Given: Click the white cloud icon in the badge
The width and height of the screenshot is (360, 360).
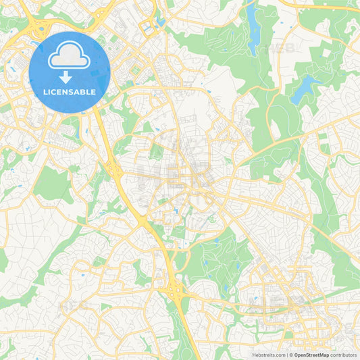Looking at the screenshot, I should coord(70,57).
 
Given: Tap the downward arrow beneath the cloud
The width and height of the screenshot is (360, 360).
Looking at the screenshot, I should coord(70,76).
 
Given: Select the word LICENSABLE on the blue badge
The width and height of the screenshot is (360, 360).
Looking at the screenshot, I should coord(70,92).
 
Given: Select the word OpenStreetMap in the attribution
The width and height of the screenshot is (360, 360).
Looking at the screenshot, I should coord(311,355).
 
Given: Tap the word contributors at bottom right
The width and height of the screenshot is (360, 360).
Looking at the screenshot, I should coord(343,355).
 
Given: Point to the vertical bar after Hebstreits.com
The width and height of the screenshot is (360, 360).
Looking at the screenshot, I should coord(286,355).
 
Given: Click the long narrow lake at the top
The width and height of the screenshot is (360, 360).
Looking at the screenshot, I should coord(253,30).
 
